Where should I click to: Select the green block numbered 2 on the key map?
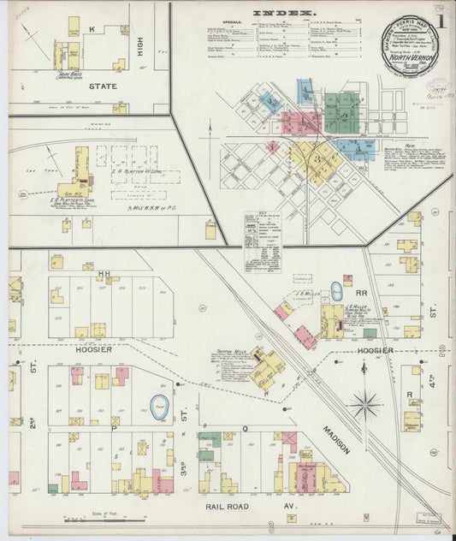pyautogui.click(x=341, y=111)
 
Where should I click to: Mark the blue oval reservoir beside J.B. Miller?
pyautogui.click(x=336, y=291)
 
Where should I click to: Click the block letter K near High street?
pyautogui.click(x=91, y=28)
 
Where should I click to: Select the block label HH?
pyautogui.click(x=105, y=274)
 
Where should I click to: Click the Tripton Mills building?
pyautogui.click(x=267, y=368)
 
